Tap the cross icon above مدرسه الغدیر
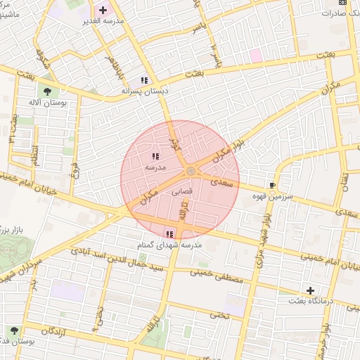(x=104, y=10)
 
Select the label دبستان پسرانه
(x=144, y=91)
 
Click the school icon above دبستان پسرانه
(x=144, y=80)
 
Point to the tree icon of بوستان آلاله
(x=49, y=91)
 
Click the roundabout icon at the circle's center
(x=190, y=172)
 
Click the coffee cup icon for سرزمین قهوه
(x=271, y=186)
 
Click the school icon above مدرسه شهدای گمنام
(x=169, y=234)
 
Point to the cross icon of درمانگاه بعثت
(x=310, y=290)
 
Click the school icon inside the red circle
(x=155, y=157)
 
